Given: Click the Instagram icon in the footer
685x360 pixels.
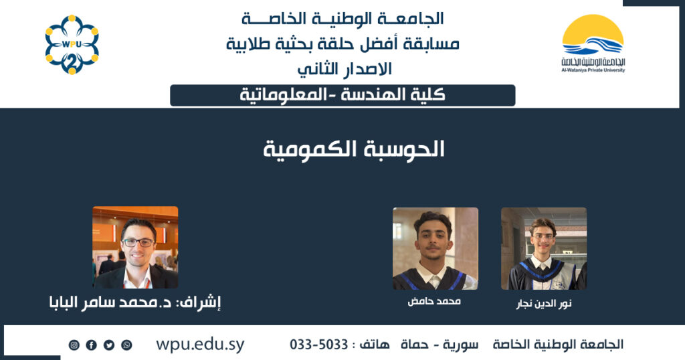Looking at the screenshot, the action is click(74, 345).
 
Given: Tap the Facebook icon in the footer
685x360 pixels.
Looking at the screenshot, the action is click(91, 345).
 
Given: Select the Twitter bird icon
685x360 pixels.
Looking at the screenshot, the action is click(109, 345).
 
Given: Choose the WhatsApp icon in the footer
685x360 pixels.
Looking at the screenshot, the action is click(126, 345).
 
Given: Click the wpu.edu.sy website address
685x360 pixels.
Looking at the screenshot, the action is click(200, 345).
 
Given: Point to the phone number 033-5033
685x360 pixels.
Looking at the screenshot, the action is click(319, 345).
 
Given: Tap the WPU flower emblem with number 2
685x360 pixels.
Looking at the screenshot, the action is click(72, 45).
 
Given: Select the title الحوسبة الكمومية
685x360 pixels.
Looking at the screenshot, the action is click(353, 150).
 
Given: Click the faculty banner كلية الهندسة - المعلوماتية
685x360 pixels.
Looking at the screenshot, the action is click(342, 95).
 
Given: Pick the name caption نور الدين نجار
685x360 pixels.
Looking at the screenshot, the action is click(544, 304).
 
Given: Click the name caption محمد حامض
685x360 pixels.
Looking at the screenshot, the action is click(434, 302).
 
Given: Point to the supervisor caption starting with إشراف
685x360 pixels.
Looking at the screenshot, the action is click(135, 302).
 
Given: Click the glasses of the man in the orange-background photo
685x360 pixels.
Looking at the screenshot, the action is click(138, 242).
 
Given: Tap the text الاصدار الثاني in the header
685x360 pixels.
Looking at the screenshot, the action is click(345, 69).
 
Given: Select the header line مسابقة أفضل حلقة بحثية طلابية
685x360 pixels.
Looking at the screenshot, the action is click(343, 43).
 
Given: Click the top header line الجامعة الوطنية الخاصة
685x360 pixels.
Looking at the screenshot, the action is click(343, 19).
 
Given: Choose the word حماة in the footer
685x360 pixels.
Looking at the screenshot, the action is click(415, 345).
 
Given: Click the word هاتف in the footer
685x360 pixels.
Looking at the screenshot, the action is click(374, 345).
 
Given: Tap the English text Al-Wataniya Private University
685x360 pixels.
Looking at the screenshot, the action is click(593, 70).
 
